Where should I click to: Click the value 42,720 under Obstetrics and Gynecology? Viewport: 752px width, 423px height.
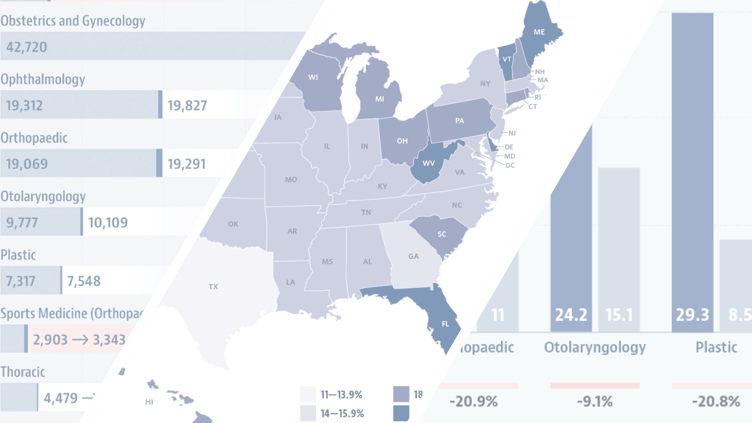(x=27, y=47)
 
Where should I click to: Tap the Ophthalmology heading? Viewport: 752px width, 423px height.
(x=43, y=80)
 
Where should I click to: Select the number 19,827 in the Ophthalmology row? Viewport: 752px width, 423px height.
(x=187, y=105)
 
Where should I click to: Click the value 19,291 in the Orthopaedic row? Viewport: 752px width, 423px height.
(x=186, y=164)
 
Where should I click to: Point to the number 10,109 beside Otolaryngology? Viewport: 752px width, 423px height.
(x=108, y=222)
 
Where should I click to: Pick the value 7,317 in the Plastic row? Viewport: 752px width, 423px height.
(x=20, y=281)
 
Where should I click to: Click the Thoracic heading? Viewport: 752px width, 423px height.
(x=23, y=372)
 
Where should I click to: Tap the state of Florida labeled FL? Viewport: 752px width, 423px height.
(x=445, y=324)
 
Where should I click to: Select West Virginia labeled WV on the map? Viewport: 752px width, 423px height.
(x=428, y=163)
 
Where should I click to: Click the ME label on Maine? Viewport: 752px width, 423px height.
(x=539, y=32)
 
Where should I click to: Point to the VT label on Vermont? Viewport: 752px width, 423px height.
(x=507, y=59)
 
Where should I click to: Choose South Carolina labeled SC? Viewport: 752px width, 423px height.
(x=442, y=234)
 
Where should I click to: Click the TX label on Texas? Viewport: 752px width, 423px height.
(x=213, y=287)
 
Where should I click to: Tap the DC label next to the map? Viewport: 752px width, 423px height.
(x=510, y=165)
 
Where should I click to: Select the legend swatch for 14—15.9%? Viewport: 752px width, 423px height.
(x=308, y=413)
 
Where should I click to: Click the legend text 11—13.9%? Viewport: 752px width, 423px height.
(x=341, y=394)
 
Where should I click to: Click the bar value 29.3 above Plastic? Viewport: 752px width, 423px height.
(x=692, y=315)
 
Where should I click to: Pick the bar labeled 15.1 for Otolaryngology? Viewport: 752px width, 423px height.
(x=619, y=251)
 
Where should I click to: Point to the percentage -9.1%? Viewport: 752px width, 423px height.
(x=595, y=401)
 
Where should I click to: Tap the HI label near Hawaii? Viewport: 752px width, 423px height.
(x=149, y=402)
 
